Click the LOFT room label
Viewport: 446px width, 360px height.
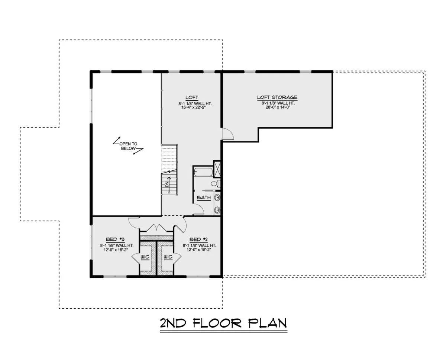tap(191, 97)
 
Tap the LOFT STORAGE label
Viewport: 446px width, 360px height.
tap(277, 97)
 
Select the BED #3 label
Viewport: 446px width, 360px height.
tap(115, 239)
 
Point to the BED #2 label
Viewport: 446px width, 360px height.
tap(198, 239)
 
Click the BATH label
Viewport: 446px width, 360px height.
tap(204, 197)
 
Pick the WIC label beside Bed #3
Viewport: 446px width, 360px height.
tap(145, 257)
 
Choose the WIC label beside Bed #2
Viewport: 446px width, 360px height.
tap(168, 257)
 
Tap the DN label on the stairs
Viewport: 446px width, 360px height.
tap(167, 184)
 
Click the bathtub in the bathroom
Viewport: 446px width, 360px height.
tap(203, 172)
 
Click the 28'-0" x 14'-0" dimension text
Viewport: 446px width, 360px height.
tap(278, 107)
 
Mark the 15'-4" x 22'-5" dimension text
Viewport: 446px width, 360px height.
tap(193, 107)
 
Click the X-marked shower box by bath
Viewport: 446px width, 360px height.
tap(217, 169)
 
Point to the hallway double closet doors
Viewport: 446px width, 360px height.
tap(156, 227)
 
